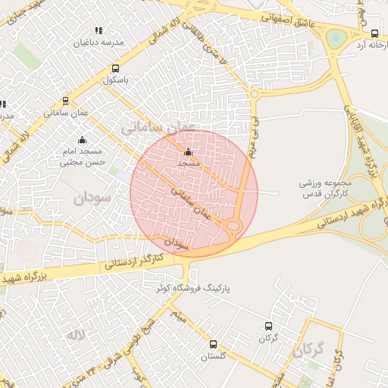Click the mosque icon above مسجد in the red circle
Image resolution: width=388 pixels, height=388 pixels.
(188, 152)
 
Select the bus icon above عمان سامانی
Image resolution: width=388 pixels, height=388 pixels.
(66, 99)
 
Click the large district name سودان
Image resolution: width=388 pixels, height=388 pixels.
(92, 199)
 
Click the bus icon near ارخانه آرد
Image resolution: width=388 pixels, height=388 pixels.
(374, 33)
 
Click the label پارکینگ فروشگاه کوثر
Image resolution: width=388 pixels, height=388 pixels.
(193, 289)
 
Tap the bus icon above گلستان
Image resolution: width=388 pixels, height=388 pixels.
(213, 343)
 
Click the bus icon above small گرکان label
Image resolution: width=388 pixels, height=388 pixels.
(268, 326)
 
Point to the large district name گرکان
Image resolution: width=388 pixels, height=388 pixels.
(310, 351)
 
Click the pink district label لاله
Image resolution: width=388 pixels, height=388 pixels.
(76, 334)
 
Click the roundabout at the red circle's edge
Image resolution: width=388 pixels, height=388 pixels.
(233, 226)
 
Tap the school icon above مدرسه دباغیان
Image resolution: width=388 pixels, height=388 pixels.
(98, 30)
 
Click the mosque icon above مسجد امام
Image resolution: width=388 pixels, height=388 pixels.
(83, 140)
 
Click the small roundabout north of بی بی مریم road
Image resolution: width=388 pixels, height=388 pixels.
(254, 94)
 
